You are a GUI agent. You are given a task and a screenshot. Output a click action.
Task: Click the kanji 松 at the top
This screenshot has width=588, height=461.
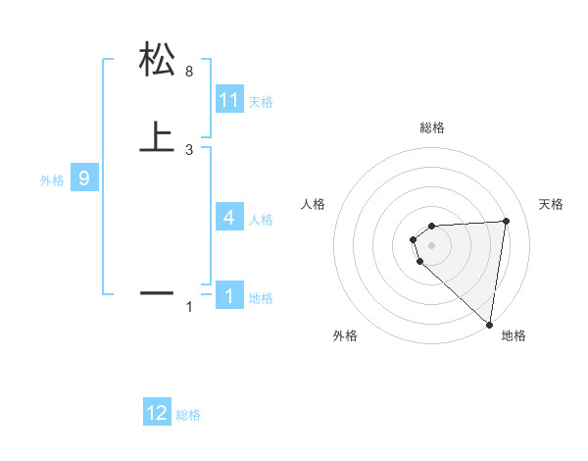[157, 61]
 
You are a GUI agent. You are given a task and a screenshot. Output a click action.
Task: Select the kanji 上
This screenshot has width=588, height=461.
[157, 136]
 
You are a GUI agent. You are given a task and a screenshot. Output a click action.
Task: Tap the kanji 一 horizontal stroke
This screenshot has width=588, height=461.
[157, 292]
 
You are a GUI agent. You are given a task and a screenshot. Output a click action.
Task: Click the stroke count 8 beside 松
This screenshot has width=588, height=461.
[189, 72]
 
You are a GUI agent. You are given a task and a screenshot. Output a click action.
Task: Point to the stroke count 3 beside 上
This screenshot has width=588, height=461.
[189, 149]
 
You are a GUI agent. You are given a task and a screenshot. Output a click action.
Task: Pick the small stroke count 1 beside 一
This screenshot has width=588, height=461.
[189, 307]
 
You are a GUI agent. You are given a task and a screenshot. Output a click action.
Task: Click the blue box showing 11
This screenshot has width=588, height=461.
[229, 100]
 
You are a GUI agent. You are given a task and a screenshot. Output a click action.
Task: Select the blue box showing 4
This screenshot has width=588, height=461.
[229, 218]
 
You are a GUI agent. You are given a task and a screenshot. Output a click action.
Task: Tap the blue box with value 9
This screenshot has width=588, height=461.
[84, 179]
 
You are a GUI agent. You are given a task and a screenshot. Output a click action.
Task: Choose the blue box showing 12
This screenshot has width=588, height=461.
[157, 413]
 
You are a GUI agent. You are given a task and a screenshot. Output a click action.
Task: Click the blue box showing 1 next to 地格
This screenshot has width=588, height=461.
[229, 296]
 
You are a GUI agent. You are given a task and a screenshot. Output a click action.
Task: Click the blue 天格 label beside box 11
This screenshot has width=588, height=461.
[261, 102]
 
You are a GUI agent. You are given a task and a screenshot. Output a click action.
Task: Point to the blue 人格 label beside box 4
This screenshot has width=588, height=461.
[261, 220]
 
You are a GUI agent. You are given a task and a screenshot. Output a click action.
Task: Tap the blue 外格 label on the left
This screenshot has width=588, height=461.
[52, 180]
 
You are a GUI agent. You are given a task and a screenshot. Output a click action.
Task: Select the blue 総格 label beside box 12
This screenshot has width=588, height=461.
[188, 415]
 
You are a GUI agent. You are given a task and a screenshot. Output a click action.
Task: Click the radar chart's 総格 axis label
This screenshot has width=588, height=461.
[432, 128]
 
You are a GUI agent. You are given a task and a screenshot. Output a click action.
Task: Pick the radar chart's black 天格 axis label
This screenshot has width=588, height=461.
[551, 204]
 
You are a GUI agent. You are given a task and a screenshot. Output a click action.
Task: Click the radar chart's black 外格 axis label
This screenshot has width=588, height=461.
[345, 335]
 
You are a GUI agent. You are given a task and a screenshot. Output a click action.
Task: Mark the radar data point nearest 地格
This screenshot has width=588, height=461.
[490, 325]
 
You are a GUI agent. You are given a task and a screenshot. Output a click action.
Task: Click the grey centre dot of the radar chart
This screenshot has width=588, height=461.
[432, 245]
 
